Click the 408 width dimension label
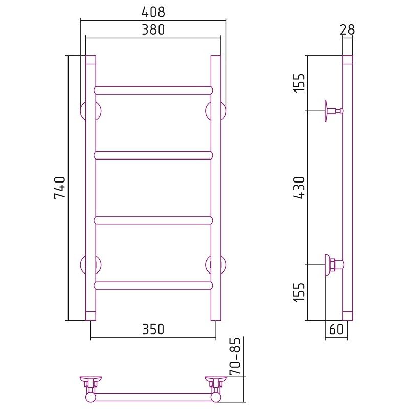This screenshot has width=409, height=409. pyautogui.click(x=153, y=12)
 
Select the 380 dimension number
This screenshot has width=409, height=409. pyautogui.click(x=153, y=30)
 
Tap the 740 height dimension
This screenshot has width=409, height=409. pyautogui.click(x=59, y=188)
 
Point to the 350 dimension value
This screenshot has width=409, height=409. pyautogui.click(x=153, y=329)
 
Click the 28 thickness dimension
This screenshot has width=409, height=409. pyautogui.click(x=348, y=30)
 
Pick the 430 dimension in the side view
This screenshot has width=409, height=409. pyautogui.click(x=299, y=188)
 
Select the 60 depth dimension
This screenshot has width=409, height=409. pyautogui.click(x=336, y=329)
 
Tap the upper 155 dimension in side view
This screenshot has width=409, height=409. pyautogui.click(x=299, y=82)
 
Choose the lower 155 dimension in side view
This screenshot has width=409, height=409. pyautogui.click(x=299, y=292)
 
